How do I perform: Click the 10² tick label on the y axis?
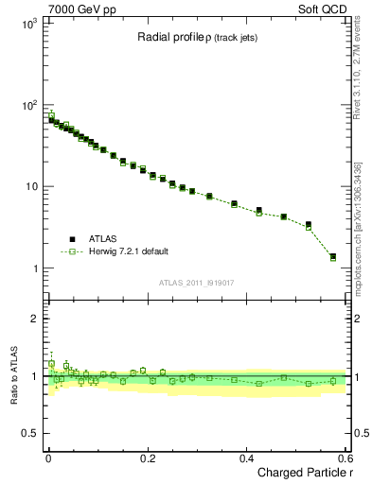(29, 104)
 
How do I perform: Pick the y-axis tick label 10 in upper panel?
(32, 186)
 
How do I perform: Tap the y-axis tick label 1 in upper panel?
(35, 268)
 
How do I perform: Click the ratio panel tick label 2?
(35, 319)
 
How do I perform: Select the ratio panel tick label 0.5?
(31, 434)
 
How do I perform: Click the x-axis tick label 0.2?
(147, 458)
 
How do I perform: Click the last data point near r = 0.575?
(332, 256)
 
